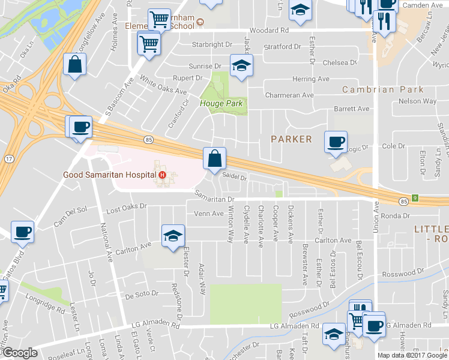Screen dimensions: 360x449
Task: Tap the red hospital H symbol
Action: point(161,175)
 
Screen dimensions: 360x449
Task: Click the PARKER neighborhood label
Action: point(291,139)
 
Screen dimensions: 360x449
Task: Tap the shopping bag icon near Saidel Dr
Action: point(214,160)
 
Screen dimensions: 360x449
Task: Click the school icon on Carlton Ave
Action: point(172,236)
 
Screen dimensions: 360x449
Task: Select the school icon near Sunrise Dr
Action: point(241,66)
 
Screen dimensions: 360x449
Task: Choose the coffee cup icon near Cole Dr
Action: point(336,142)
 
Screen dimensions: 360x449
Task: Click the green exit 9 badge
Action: point(414,197)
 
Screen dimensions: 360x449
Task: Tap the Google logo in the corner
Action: point(20,353)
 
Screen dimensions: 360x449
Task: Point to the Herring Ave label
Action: point(311,79)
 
